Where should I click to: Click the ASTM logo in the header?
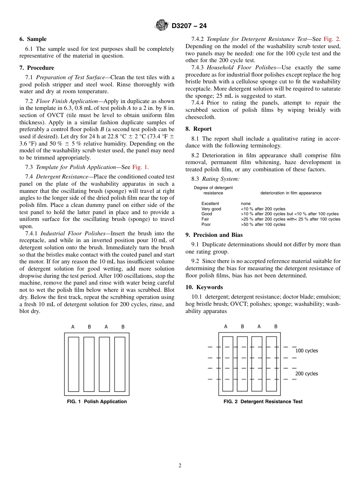(x=162, y=25)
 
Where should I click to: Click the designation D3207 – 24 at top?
(x=189, y=26)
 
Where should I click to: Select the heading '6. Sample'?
(x=33, y=39)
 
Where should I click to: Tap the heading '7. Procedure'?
(x=37, y=68)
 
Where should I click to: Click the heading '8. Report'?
(x=199, y=129)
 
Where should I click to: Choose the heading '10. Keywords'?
(x=204, y=287)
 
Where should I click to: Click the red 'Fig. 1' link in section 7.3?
(x=140, y=167)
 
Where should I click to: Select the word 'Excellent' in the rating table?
(x=210, y=204)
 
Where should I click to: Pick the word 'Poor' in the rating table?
(x=206, y=225)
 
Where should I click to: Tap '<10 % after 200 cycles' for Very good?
(x=263, y=209)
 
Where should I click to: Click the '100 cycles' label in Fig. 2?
(x=307, y=351)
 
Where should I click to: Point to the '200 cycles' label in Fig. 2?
(x=307, y=374)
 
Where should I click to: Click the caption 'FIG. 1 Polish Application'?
(x=97, y=402)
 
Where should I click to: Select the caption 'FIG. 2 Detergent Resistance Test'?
(x=263, y=402)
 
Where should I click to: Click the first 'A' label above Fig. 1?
(x=73, y=327)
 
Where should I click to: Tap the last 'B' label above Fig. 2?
(x=276, y=327)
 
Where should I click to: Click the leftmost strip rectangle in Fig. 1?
(x=74, y=364)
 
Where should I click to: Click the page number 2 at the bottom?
(x=180, y=466)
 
